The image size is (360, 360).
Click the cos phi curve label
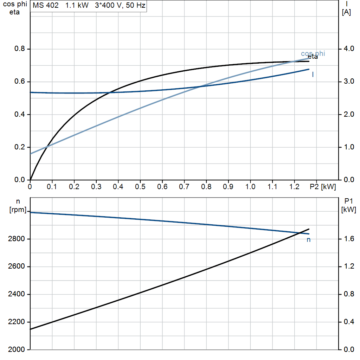(313, 54)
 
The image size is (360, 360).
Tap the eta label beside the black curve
(313, 57)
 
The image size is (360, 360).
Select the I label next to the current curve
(313, 75)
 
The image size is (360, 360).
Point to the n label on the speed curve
(309, 240)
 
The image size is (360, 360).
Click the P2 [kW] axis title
(323, 187)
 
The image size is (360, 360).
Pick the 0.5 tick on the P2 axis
(140, 187)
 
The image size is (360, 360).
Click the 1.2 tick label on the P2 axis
(294, 187)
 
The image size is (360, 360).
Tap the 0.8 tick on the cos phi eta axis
(20, 49)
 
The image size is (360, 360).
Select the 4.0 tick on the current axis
(349, 49)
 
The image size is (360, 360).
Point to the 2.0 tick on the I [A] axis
(349, 114)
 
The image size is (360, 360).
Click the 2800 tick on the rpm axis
(16, 239)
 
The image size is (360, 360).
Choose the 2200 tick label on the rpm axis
(16, 322)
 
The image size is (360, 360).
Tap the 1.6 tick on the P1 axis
(349, 239)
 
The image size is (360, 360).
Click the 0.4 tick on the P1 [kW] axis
(349, 322)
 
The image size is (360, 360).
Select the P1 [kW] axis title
(348, 205)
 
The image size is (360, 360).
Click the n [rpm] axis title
(18, 205)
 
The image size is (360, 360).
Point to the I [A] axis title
(346, 8)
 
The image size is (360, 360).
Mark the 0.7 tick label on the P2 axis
(184, 187)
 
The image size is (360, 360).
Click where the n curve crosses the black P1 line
(300, 233)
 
